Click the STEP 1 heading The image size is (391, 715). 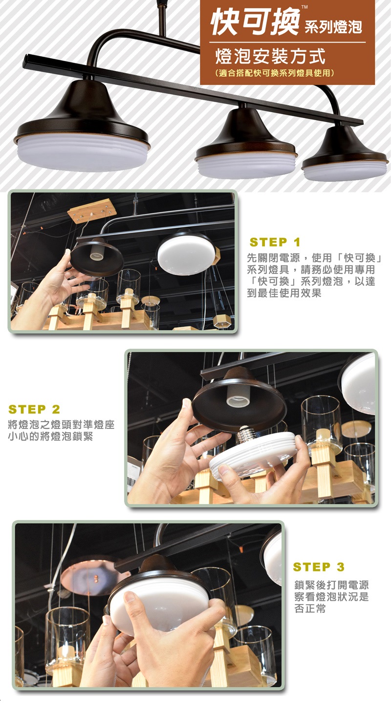click(275, 242)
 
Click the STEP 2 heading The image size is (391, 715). click(34, 409)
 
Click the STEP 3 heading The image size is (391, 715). click(319, 567)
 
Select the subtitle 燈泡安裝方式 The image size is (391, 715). click(270, 56)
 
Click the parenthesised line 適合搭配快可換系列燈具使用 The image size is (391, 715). click(275, 73)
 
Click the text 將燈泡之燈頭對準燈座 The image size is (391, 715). click(61, 424)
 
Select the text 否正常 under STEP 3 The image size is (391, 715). click(310, 609)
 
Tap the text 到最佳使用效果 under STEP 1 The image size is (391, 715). click(284, 293)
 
